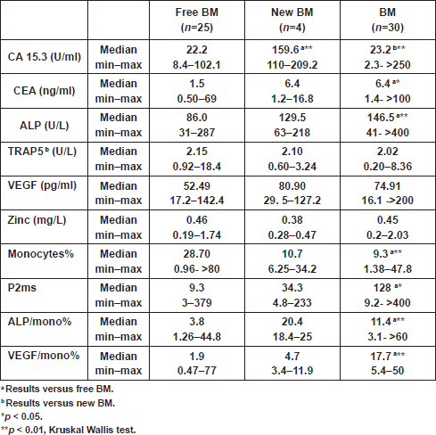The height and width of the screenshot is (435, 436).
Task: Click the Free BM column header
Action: pos(197,20)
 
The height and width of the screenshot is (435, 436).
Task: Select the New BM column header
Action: pos(292,20)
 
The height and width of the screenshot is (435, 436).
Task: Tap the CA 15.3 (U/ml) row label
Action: pos(45,57)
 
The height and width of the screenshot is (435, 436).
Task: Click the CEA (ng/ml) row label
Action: pos(45,91)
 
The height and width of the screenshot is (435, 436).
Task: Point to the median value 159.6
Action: pos(285,50)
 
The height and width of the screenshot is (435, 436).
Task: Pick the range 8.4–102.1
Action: pos(197,65)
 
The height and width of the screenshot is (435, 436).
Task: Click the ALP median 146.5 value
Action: pos(381,118)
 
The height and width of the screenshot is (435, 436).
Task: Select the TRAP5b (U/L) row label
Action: pos(42,152)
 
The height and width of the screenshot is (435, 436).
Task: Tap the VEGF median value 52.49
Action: pos(197,185)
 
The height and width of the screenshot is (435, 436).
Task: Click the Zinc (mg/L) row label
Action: pos(37,220)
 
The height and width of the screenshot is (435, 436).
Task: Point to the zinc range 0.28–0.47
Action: pos(292,235)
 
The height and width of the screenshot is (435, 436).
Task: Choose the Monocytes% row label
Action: pos(41,254)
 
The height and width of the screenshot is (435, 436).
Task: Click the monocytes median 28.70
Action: pos(197,254)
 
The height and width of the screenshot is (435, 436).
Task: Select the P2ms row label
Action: pos(22,288)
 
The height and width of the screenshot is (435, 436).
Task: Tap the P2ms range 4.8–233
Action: pos(292,303)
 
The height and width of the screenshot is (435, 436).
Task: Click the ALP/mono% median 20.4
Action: pos(292,322)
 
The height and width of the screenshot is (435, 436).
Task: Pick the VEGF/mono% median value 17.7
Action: pos(381,356)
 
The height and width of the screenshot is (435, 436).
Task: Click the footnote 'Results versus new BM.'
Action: pos(61,403)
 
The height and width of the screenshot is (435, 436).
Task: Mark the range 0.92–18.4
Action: pos(197,167)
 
